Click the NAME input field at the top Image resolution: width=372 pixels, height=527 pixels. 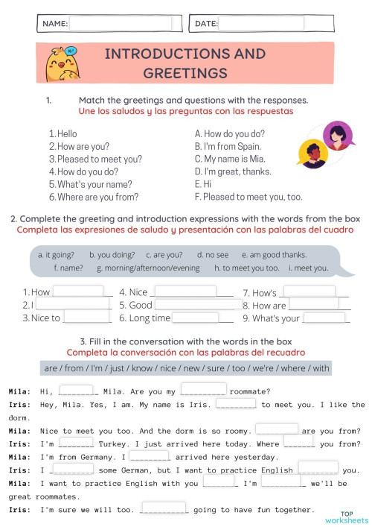(x=120, y=24)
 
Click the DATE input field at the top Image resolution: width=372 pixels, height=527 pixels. (x=261, y=24)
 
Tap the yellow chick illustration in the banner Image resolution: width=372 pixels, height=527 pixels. (x=64, y=63)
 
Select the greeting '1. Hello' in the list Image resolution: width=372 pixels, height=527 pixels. (x=63, y=133)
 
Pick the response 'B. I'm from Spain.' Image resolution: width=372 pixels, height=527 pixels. (x=228, y=146)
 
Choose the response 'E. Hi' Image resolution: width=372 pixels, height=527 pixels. (x=203, y=184)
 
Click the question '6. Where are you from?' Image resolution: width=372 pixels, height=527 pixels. (x=94, y=198)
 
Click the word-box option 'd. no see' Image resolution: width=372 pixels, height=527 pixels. (x=212, y=254)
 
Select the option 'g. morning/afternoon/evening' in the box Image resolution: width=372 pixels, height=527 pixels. (x=148, y=268)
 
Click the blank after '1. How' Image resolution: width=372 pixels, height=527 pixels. (x=78, y=292)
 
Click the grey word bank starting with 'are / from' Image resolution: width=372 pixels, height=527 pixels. (x=185, y=368)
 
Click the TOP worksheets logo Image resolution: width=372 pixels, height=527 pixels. (x=353, y=516)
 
